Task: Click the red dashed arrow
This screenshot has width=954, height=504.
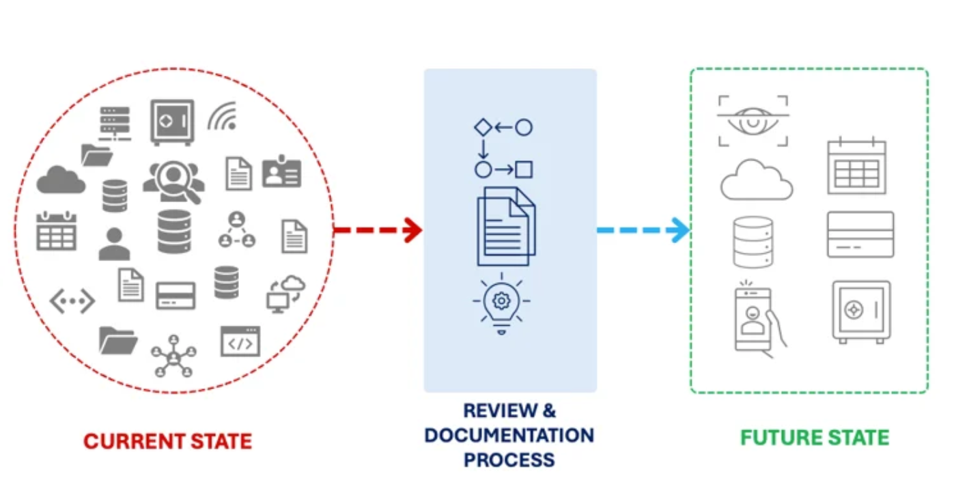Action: coord(378,230)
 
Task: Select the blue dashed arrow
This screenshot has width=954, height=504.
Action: coord(643,230)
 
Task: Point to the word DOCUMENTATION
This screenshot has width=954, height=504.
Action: coord(509,436)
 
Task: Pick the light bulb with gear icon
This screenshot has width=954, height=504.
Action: coord(502,304)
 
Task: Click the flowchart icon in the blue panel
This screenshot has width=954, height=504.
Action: coord(503,148)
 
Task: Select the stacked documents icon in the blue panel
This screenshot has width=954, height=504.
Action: coord(506,226)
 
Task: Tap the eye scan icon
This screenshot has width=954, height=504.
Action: coord(753,121)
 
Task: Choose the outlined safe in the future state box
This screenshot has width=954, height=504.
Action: coord(861,311)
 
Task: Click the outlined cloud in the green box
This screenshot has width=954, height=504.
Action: coord(757,180)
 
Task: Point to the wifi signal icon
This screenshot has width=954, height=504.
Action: coord(223,116)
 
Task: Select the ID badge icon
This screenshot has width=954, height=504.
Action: coord(281,171)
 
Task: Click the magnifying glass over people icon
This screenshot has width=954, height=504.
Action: coord(174,182)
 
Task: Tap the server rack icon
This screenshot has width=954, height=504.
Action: coord(115,124)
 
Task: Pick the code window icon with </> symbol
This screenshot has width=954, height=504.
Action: coord(240,341)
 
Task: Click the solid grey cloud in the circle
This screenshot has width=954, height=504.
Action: coord(61,180)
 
